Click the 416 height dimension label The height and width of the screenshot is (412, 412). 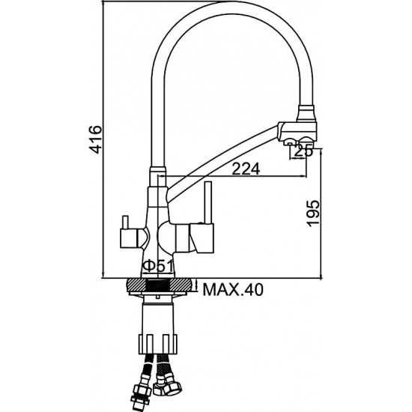(x=95, y=139)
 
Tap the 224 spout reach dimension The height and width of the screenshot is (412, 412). (x=246, y=169)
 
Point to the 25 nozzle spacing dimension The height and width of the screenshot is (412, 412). (x=303, y=151)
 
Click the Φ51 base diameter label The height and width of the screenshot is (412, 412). (x=157, y=267)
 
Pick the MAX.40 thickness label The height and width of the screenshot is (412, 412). (x=233, y=290)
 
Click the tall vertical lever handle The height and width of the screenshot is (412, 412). (x=209, y=202)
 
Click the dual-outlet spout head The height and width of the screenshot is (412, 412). (x=298, y=132)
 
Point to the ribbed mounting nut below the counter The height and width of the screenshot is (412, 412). (x=158, y=344)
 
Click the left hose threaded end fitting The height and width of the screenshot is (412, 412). (x=142, y=393)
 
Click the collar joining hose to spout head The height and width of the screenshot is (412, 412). (x=306, y=114)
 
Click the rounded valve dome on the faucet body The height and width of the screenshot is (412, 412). (x=165, y=236)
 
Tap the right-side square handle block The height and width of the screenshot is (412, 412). (x=202, y=237)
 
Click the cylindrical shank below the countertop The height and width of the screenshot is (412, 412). (x=157, y=318)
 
